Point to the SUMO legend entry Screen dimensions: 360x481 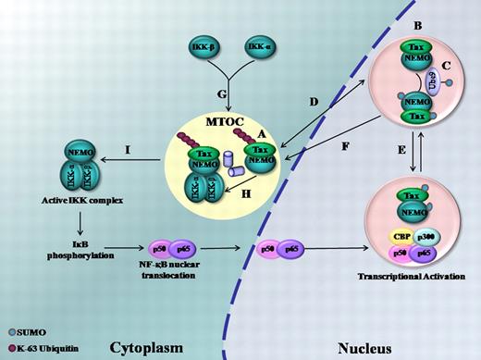tap(21, 329)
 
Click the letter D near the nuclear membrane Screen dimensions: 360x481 tap(313, 101)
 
